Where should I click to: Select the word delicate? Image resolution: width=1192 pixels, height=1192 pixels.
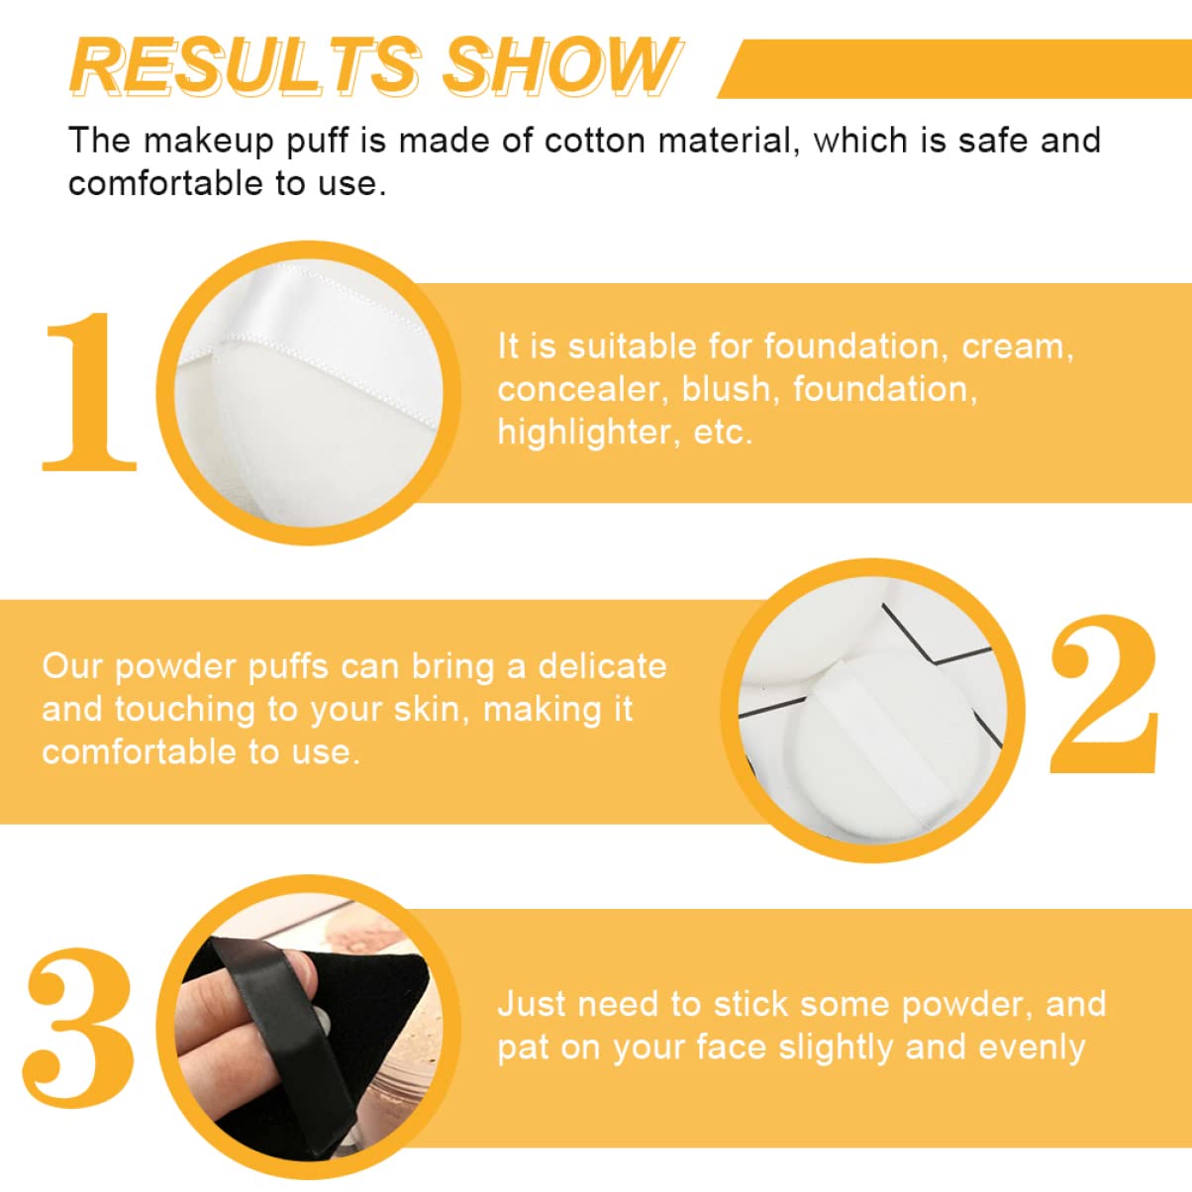point(602,666)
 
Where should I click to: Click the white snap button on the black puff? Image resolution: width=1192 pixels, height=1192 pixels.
point(322,1017)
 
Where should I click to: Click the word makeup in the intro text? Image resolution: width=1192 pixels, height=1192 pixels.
point(208,141)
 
